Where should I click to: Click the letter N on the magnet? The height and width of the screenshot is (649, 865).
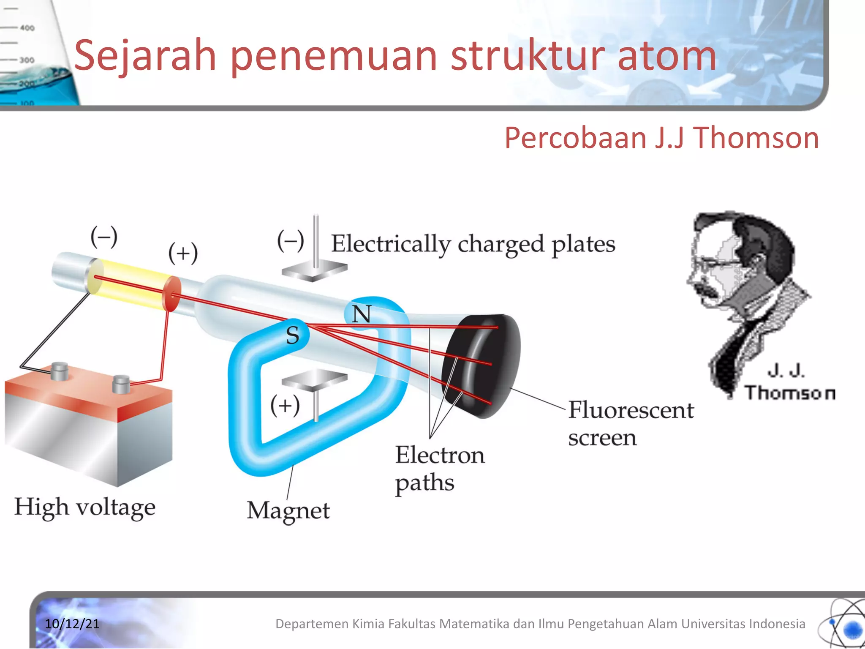tap(362, 314)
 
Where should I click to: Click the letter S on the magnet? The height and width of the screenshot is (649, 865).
tap(292, 335)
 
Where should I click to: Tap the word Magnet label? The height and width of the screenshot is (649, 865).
tap(288, 511)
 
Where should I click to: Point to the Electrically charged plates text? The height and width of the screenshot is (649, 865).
tap(473, 244)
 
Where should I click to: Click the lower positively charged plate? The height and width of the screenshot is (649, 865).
tap(314, 379)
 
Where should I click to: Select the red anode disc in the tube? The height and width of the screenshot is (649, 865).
tap(171, 294)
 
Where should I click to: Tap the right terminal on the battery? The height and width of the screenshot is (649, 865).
tap(121, 384)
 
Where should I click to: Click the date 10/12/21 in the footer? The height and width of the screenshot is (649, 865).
tap(72, 624)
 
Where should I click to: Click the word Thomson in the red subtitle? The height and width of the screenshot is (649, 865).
tap(756, 138)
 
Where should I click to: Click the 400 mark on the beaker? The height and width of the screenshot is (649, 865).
tap(27, 28)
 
